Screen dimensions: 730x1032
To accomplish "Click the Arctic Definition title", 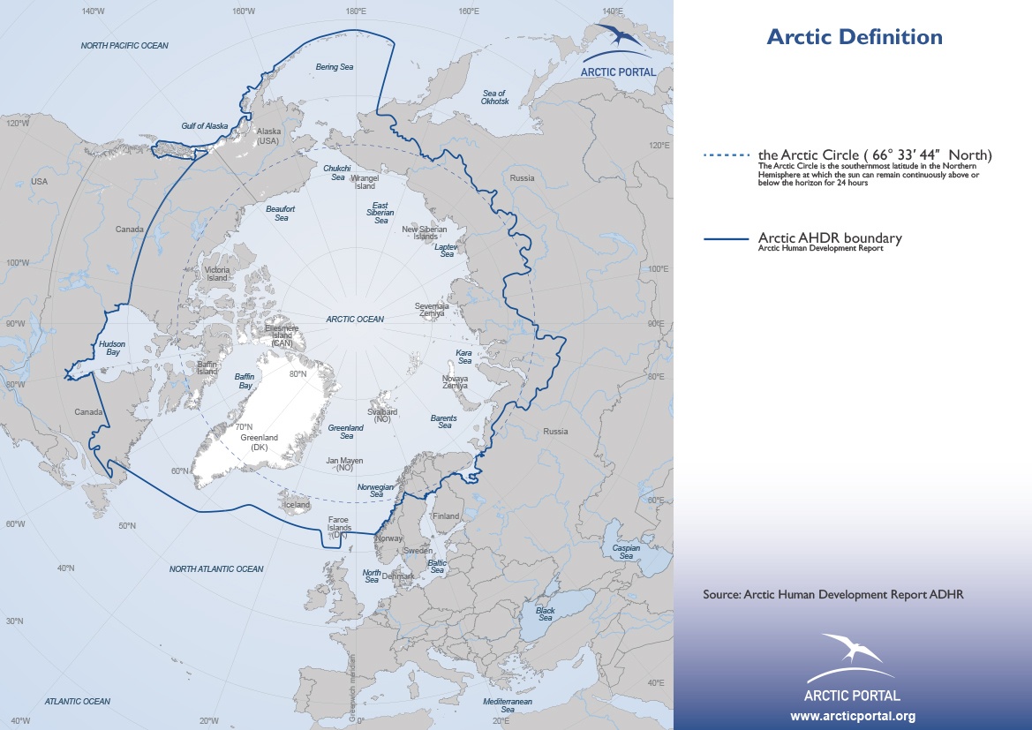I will pos(854,37).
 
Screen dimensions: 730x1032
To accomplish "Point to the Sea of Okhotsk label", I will pos(494,97).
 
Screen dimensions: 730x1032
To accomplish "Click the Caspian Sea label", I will pos(626,552).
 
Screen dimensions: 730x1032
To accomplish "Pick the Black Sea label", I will pos(546,613).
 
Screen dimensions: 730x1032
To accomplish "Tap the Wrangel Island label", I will pos(365,182).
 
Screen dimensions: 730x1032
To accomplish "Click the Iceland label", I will pos(296,505).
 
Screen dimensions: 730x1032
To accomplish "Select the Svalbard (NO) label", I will pos(382,416).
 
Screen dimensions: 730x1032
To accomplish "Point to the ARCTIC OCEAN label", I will pos(355,320).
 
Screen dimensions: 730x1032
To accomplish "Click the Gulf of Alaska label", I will pos(205,126).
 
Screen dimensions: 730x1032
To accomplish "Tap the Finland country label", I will pos(446,516).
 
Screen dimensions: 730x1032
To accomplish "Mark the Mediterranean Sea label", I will pos(508,704).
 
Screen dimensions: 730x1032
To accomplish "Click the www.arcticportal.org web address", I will pos(852,716).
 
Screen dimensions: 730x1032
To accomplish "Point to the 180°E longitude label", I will pos(356,11).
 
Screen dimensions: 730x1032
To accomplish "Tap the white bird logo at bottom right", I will pos(851,651).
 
